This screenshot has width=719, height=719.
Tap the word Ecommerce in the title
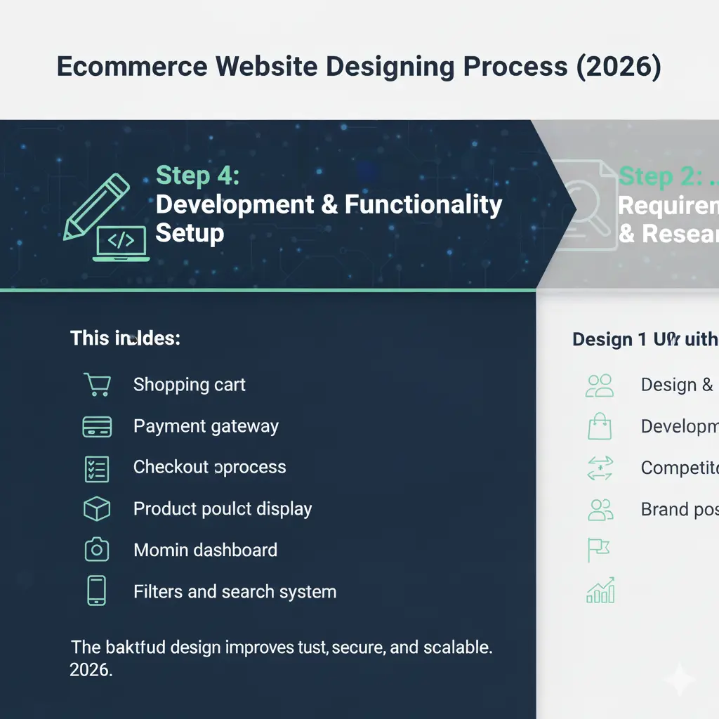[132, 67]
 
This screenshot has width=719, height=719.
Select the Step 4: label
[197, 176]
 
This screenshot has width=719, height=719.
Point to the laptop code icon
[121, 243]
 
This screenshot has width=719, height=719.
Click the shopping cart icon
[97, 385]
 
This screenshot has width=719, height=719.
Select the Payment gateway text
[206, 426]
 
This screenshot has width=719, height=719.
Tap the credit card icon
[97, 426]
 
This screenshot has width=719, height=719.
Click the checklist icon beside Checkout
[97, 468]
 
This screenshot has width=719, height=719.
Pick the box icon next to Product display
[97, 509]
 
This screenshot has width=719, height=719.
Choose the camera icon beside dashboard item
[97, 550]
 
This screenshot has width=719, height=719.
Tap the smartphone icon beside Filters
[97, 591]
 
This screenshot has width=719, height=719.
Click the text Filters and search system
[235, 592]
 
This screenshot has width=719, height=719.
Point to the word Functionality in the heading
[423, 204]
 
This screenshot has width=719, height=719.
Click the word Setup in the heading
[190, 232]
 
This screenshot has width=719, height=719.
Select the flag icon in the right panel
[598, 550]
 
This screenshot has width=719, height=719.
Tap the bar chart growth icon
[600, 591]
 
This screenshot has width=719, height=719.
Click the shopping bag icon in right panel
[600, 426]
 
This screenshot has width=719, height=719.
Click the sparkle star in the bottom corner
[679, 679]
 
